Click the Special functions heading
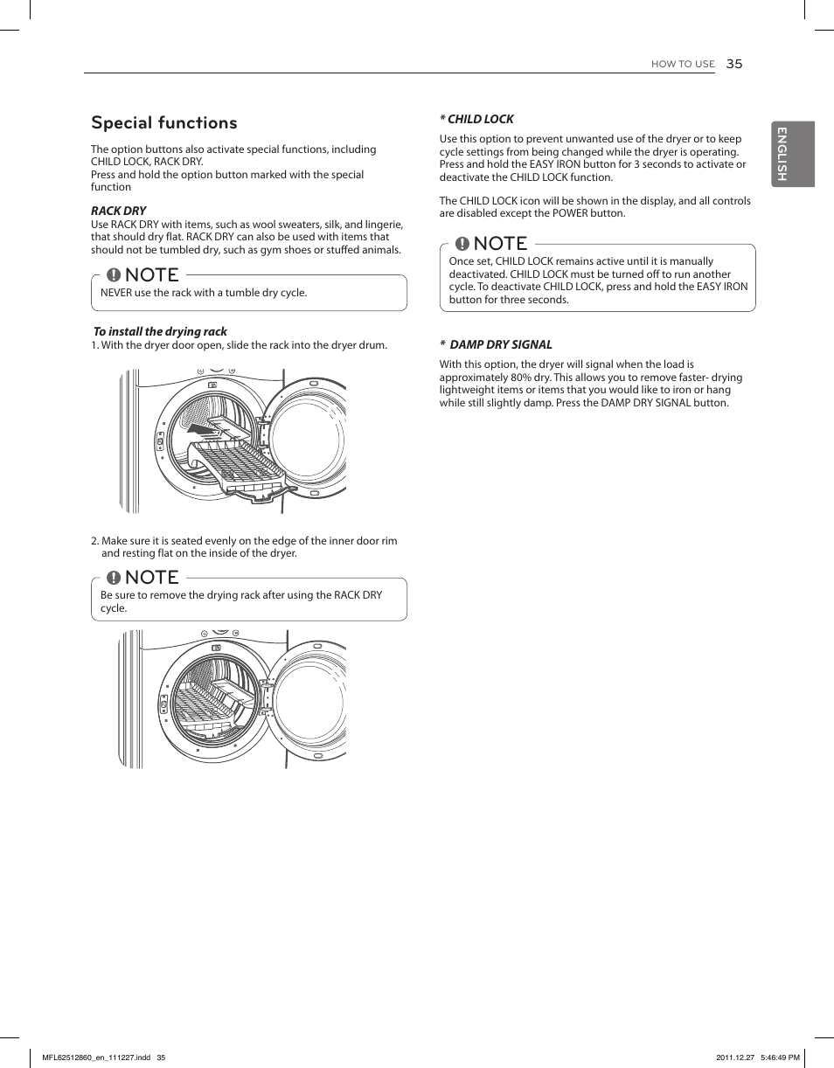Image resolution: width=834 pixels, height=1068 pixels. (163, 122)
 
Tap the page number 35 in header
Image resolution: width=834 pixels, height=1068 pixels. (733, 64)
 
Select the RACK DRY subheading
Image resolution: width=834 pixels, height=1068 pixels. (119, 211)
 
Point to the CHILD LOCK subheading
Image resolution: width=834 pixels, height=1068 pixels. (477, 119)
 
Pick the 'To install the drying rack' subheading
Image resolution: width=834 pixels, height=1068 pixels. (160, 331)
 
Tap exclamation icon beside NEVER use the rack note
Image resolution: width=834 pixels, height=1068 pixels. (114, 275)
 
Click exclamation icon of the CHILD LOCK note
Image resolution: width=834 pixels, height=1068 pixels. (462, 244)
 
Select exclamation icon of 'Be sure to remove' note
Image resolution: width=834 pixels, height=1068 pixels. (114, 578)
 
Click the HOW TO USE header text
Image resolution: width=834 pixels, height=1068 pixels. (683, 65)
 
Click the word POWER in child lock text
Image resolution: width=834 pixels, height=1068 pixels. (570, 213)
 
